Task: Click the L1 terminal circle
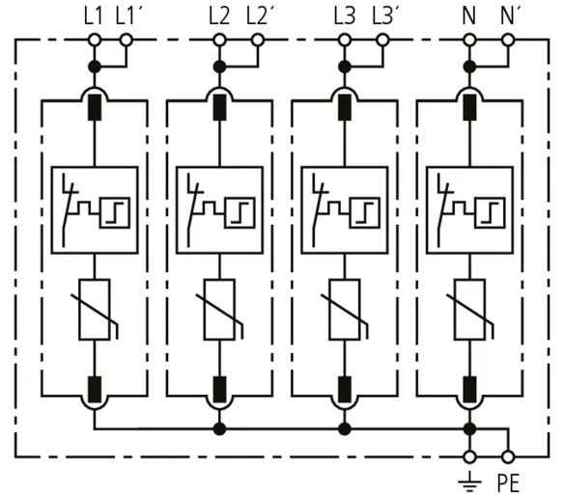point(95,40)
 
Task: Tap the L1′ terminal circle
point(126,40)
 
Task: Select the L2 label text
point(219,16)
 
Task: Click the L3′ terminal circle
point(383,40)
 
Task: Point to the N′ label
point(510,16)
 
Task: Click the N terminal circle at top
point(469,40)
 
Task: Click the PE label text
point(508,484)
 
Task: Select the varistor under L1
point(97,310)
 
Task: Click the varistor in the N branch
point(470,310)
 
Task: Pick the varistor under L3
point(346,310)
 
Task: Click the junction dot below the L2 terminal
point(219,67)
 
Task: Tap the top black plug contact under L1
point(95,107)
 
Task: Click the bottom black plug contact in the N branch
point(469,390)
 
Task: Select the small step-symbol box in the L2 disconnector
point(240,213)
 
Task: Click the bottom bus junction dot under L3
point(345,429)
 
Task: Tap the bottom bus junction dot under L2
point(219,429)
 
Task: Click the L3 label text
point(345,16)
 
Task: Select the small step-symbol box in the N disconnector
point(490,213)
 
